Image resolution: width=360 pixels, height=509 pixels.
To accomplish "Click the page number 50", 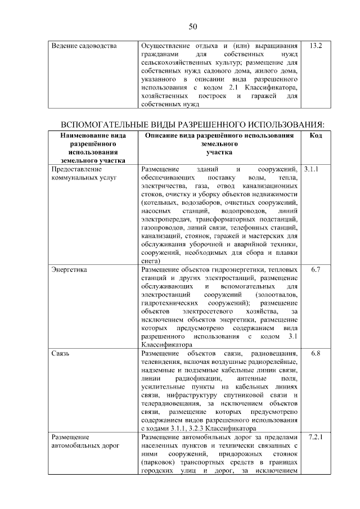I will click(x=192, y=26).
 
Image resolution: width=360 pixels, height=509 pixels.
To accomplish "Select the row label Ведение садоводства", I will click(x=84, y=44).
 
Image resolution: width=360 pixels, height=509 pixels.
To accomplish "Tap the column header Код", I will click(x=316, y=136).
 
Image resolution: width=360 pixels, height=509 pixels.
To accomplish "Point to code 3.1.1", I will click(x=311, y=169).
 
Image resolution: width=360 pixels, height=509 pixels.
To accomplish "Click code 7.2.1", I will click(x=315, y=436).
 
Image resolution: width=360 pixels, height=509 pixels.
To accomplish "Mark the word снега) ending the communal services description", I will click(x=151, y=260).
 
